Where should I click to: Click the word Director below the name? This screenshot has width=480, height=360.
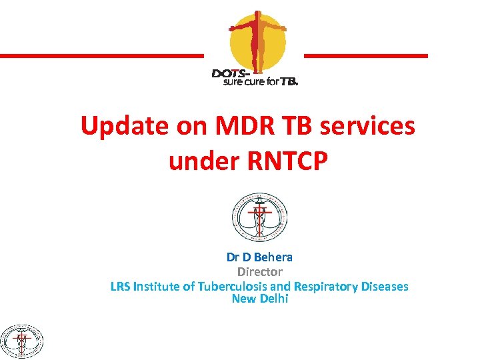pos(260,271)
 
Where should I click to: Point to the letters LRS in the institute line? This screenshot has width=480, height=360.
pos(121,286)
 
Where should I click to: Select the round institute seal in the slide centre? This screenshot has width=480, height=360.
pos(259,217)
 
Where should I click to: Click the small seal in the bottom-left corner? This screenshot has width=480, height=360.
pos(21,341)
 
